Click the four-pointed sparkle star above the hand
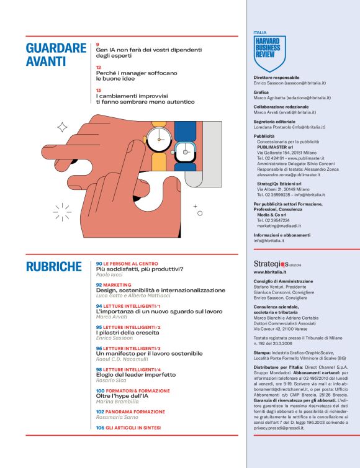coord(62,127)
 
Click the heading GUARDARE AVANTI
coord(56,54)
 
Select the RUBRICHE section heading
coord(54,267)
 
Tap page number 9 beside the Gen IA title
coord(98,44)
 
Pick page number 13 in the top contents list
coord(99,90)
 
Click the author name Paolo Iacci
coord(110,274)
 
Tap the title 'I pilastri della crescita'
coord(128,332)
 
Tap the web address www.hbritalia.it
coord(270,272)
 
